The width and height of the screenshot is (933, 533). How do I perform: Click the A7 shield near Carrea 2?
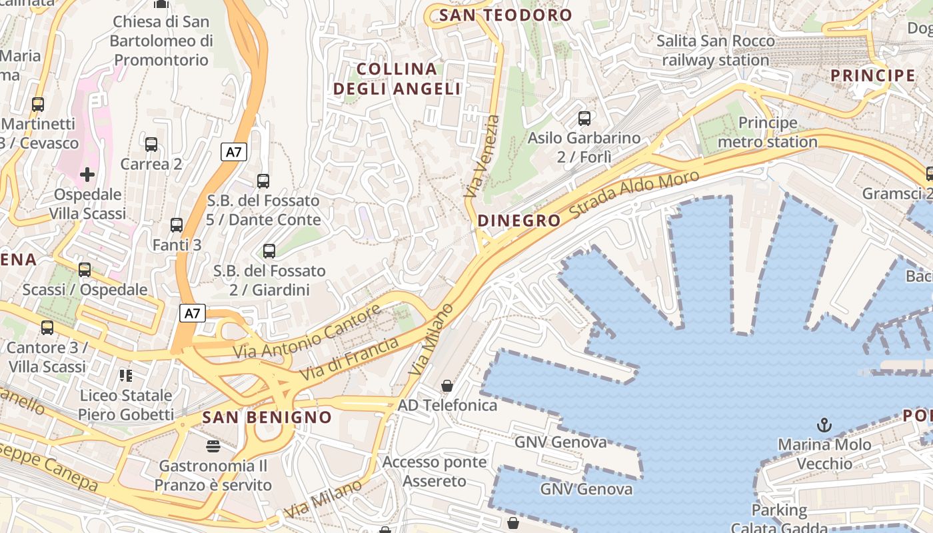[233, 152]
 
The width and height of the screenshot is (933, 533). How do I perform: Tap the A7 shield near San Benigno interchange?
[192, 313]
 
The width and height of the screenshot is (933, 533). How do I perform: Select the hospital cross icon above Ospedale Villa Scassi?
[87, 175]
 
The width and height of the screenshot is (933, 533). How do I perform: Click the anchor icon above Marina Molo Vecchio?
[824, 424]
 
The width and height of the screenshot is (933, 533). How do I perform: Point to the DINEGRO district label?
[519, 221]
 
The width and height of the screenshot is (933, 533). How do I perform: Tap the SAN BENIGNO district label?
[267, 418]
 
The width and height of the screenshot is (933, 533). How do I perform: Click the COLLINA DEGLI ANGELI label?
[397, 79]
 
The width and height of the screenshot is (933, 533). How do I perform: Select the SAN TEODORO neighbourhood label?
[506, 15]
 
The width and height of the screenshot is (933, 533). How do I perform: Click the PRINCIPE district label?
[873, 75]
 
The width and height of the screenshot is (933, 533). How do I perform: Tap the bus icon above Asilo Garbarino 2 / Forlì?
[584, 119]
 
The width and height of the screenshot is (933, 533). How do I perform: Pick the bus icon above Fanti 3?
[176, 225]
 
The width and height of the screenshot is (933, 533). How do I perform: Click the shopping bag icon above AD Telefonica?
[447, 386]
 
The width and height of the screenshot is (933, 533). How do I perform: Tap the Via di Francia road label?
[349, 358]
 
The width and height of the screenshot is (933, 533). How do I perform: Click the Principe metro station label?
[768, 132]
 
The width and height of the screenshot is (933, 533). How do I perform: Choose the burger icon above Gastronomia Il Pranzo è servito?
[213, 446]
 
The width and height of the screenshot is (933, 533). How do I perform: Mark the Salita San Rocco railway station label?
[716, 50]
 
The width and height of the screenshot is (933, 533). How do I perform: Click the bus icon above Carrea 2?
[151, 144]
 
